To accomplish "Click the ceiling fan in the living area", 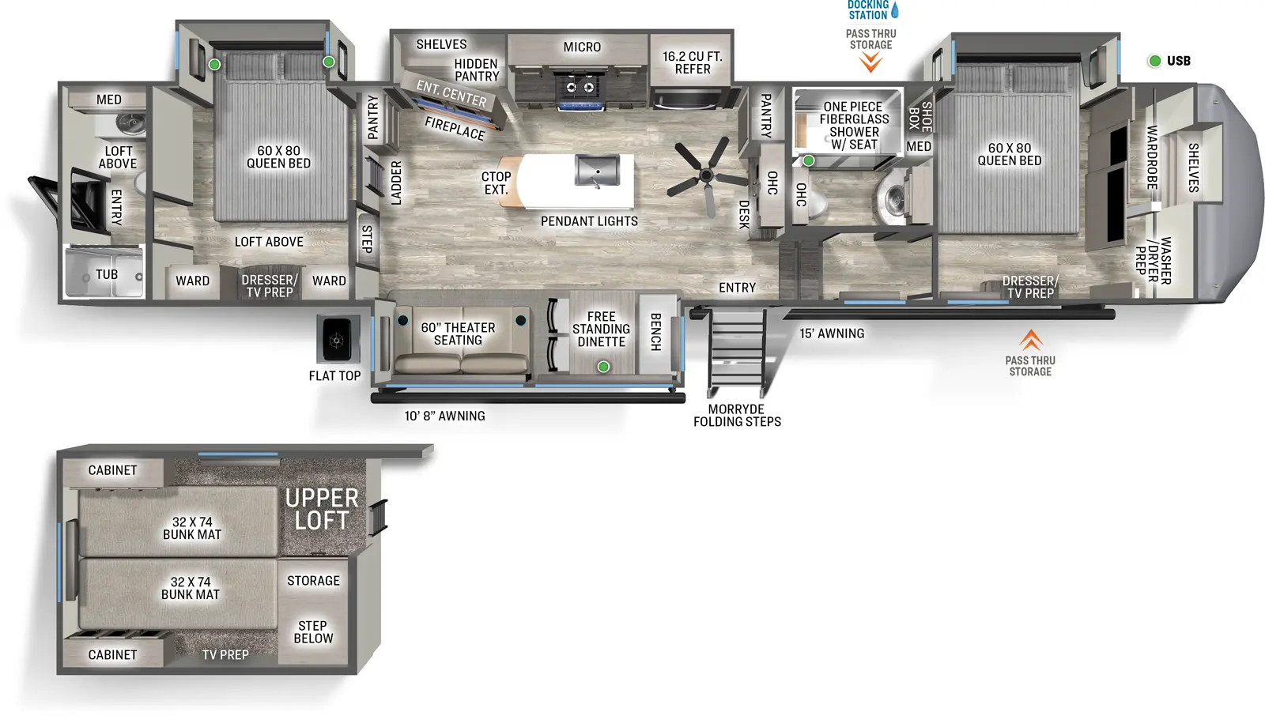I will pyautogui.click(x=706, y=175).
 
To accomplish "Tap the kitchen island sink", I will pyautogui.click(x=598, y=171).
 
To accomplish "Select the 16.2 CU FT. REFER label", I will pyautogui.click(x=693, y=62).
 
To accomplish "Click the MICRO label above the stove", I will pyautogui.click(x=582, y=47).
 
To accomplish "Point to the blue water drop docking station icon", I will pyautogui.click(x=895, y=10).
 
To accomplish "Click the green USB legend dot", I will pyautogui.click(x=1154, y=61).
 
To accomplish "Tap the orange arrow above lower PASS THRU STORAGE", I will pyautogui.click(x=1030, y=340).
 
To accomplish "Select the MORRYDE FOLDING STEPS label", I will pyautogui.click(x=737, y=416).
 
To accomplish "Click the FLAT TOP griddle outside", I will pyautogui.click(x=338, y=340).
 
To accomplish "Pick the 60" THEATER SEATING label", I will pyautogui.click(x=458, y=334).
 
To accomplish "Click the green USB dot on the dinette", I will pyautogui.click(x=603, y=367).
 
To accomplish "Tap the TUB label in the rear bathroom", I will pyautogui.click(x=107, y=274).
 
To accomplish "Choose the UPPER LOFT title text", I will pyautogui.click(x=322, y=509).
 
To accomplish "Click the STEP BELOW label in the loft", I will pyautogui.click(x=313, y=631).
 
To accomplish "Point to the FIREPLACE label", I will pyautogui.click(x=455, y=128).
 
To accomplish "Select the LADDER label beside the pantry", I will pyautogui.click(x=396, y=183).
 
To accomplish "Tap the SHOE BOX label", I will pyautogui.click(x=920, y=116).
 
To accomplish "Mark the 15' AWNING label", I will pyautogui.click(x=832, y=334).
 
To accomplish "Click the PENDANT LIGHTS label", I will pyautogui.click(x=589, y=221).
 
